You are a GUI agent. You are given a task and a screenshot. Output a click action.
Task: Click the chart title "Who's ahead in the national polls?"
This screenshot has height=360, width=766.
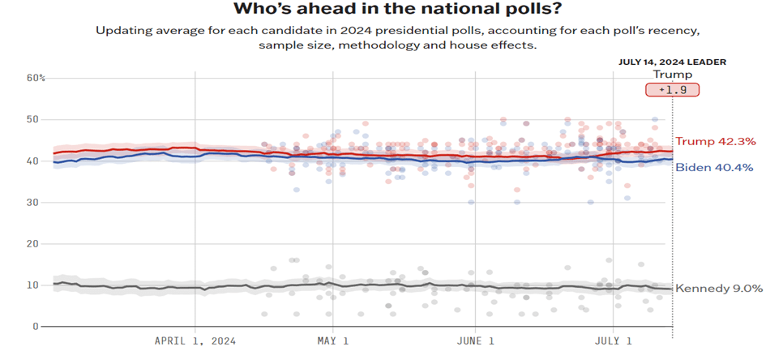click(397, 10)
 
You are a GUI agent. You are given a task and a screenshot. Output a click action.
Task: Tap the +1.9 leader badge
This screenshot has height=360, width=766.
click(672, 90)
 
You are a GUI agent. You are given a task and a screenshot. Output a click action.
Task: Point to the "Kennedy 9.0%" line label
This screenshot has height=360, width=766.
click(719, 288)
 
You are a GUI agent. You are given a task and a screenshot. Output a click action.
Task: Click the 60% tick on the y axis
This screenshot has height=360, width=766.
click(35, 78)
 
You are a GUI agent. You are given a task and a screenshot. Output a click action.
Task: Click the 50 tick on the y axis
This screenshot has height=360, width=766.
click(32, 119)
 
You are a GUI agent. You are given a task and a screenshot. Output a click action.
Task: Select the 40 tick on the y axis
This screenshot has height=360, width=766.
click(32, 161)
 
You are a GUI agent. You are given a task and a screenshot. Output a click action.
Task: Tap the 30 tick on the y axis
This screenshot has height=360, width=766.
click(32, 202)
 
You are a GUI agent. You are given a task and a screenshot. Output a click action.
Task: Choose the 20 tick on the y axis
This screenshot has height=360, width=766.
click(32, 243)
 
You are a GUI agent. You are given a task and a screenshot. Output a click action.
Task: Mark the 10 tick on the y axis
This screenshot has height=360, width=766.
click(32, 285)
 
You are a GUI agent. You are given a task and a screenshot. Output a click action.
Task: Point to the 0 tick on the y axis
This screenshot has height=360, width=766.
click(36, 326)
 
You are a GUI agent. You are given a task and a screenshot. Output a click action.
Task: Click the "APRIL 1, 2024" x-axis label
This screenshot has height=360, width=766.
click(195, 341)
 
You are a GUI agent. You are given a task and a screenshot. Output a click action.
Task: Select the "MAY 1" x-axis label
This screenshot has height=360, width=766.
click(332, 341)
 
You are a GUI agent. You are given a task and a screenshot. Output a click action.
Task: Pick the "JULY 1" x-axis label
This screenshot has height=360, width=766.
click(613, 341)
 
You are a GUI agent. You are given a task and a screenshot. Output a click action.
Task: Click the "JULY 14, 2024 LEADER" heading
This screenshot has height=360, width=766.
click(672, 62)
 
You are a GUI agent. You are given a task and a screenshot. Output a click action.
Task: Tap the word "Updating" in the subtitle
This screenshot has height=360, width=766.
click(122, 31)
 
